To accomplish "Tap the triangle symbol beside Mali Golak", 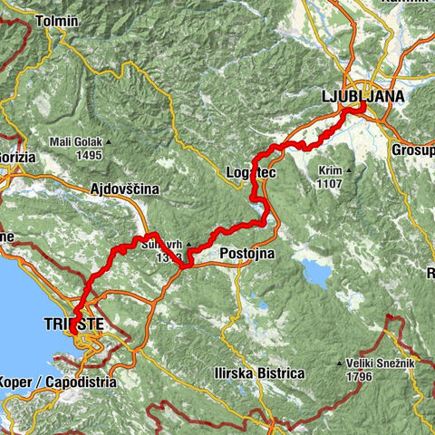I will click(109, 141).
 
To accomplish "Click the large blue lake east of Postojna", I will click(314, 270).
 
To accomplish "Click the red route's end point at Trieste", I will click(73, 332).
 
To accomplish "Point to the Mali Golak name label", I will click(75, 141).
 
